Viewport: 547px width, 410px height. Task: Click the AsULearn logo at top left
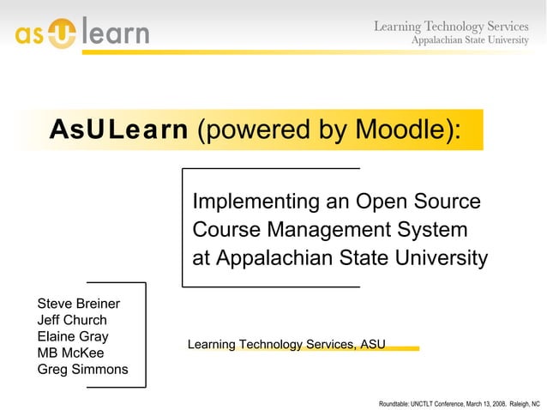(81, 33)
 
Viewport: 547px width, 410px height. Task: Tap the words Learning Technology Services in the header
(450, 27)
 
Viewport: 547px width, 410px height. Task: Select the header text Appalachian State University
(470, 41)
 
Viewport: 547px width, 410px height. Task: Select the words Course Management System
(330, 230)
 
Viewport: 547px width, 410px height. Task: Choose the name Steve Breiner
(79, 304)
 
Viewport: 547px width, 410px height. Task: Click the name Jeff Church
(72, 321)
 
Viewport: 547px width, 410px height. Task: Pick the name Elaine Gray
(73, 337)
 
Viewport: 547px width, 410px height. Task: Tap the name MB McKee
(71, 353)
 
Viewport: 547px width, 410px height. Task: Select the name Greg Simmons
(82, 370)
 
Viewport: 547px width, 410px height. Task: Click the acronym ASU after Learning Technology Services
(372, 345)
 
